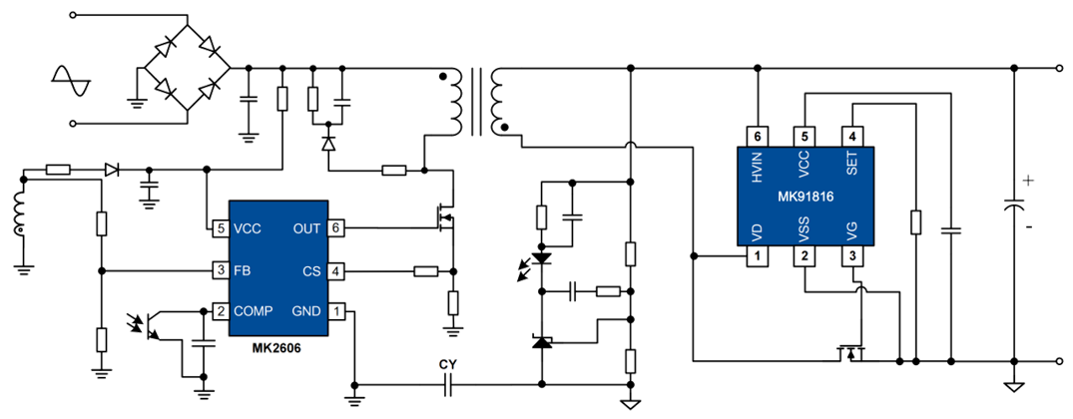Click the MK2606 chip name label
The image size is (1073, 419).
pyautogui.click(x=277, y=348)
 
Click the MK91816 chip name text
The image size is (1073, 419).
pyautogui.click(x=805, y=197)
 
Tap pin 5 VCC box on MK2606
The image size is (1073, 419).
pyautogui.click(x=221, y=227)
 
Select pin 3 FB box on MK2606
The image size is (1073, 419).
pyautogui.click(x=221, y=269)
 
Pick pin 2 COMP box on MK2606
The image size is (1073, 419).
pyautogui.click(x=221, y=310)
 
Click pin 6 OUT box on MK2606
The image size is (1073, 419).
pyautogui.click(x=336, y=227)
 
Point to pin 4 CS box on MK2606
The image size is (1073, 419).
pyautogui.click(x=336, y=269)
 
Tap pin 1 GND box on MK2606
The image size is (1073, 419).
pyautogui.click(x=336, y=310)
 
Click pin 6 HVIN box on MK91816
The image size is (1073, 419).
pyautogui.click(x=758, y=137)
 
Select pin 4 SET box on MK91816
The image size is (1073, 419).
pyautogui.click(x=851, y=137)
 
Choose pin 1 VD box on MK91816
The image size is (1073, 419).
pyautogui.click(x=758, y=257)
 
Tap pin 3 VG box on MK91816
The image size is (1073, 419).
pyautogui.click(x=851, y=257)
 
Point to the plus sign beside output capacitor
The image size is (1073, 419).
pyautogui.click(x=1028, y=182)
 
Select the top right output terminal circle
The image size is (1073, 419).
pyautogui.click(x=1060, y=70)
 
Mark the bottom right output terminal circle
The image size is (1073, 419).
pyautogui.click(x=1060, y=360)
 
